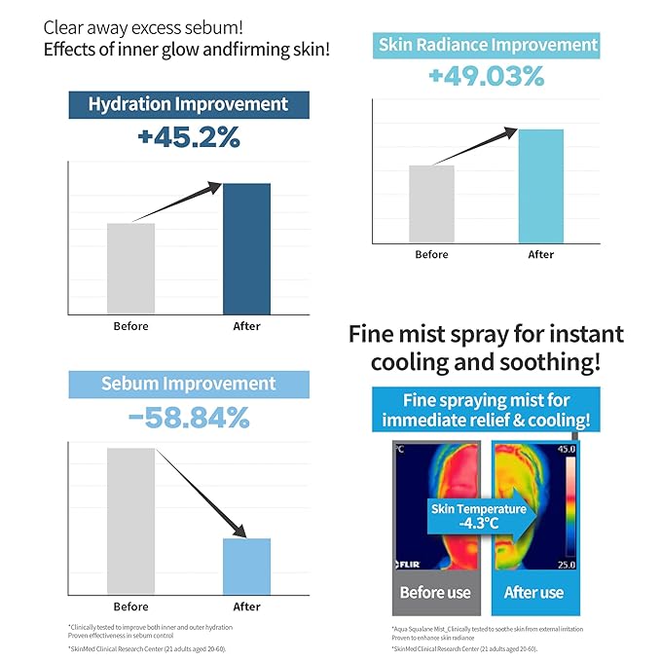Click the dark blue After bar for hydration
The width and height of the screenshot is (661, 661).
point(246,248)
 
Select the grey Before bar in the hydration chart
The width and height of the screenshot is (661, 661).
point(130,268)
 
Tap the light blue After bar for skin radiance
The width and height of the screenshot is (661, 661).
point(540,186)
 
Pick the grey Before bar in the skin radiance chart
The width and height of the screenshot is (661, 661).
point(431,204)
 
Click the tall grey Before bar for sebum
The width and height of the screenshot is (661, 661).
point(130,521)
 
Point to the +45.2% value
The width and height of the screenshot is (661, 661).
point(189,137)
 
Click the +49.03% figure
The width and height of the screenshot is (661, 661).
point(486,76)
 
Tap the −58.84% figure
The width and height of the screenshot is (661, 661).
point(189,419)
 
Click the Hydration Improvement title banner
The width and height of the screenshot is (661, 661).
point(189,104)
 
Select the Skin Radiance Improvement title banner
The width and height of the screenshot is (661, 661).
point(486,44)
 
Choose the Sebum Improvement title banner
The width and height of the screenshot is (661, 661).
point(189,384)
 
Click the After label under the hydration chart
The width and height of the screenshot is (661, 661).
point(246,326)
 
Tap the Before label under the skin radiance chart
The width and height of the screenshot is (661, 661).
point(431,254)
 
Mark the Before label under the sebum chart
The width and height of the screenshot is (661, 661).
point(130,606)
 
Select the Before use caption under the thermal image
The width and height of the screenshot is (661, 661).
point(435,592)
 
